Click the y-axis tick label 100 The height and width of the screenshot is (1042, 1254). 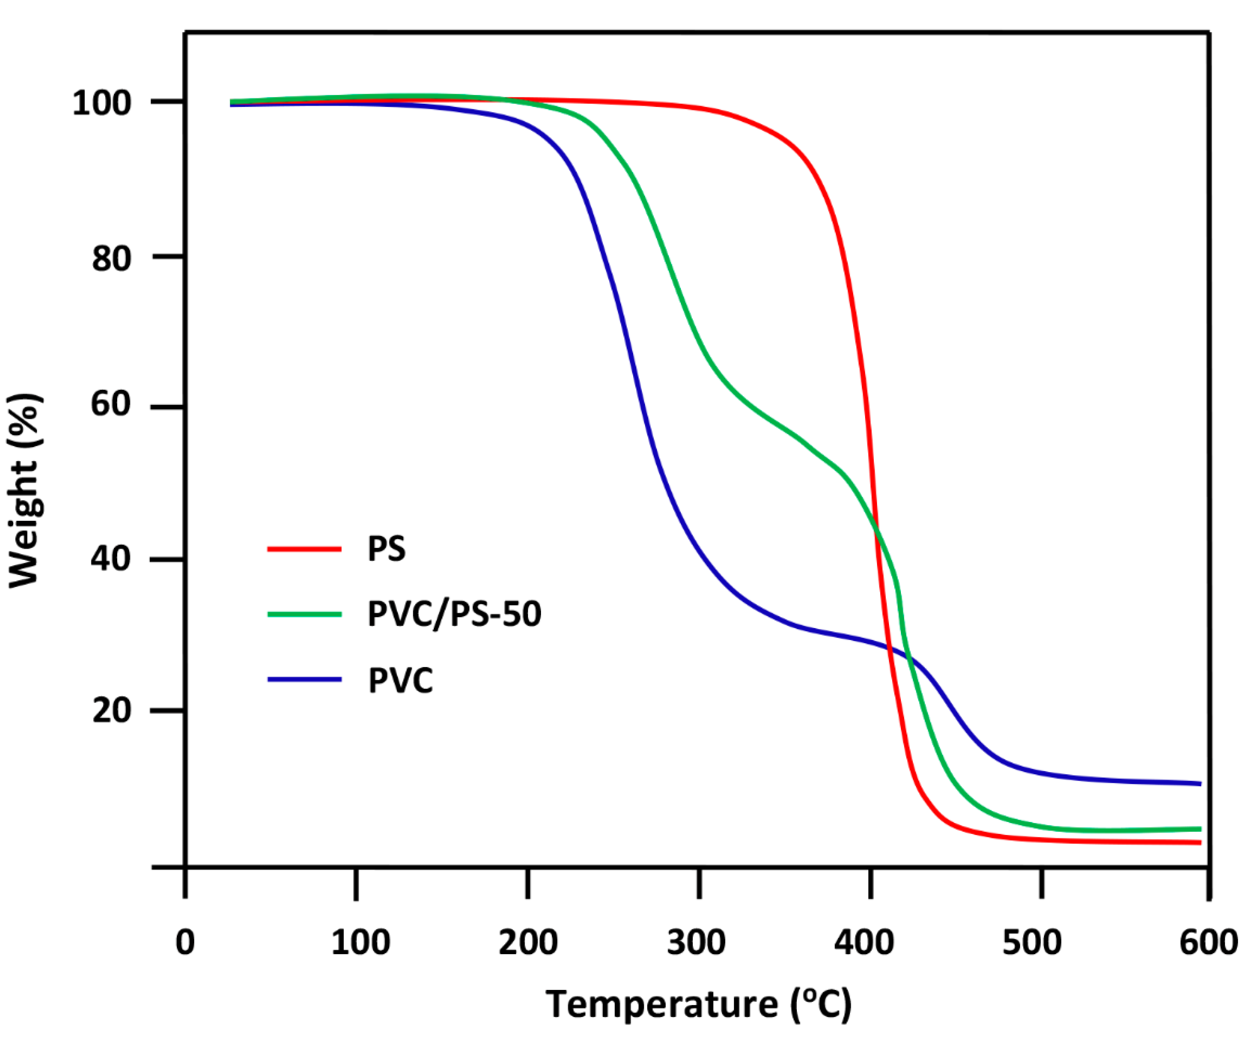click(x=102, y=103)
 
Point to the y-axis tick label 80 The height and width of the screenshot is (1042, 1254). click(x=112, y=259)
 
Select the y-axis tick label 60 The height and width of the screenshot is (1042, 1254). click(x=111, y=404)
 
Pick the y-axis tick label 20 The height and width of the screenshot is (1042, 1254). click(x=112, y=711)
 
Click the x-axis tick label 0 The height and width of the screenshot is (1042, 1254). click(x=185, y=943)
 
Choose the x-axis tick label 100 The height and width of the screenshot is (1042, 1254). click(x=361, y=943)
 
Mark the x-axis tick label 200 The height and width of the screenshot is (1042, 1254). click(x=528, y=943)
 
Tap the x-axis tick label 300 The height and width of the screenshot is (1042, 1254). click(x=696, y=943)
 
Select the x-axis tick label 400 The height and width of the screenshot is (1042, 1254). click(x=864, y=943)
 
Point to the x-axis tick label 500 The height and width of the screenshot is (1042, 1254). click(x=1032, y=943)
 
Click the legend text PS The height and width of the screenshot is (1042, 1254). click(x=386, y=548)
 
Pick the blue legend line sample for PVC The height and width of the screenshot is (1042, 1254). click(x=305, y=680)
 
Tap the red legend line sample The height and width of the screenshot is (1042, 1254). click(x=305, y=548)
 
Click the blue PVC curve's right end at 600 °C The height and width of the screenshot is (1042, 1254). click(x=1199, y=783)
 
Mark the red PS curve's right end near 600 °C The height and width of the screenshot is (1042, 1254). click(x=1199, y=843)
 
